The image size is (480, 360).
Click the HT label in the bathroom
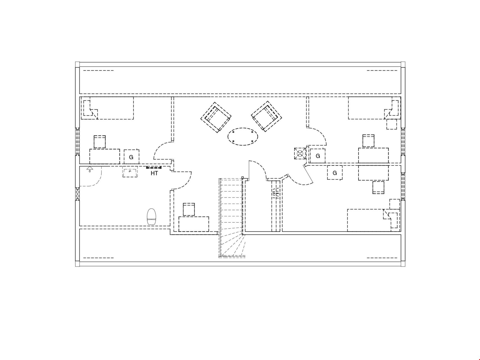click(x=154, y=173)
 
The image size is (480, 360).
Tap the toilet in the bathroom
click(x=151, y=217)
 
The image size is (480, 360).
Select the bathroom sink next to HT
click(x=130, y=172)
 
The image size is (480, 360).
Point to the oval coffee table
click(x=243, y=136)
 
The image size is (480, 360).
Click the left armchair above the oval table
click(x=216, y=118)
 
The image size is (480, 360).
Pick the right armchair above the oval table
click(x=267, y=116)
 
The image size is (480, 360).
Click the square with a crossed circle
click(x=300, y=154)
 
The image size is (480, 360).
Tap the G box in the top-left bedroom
click(x=131, y=157)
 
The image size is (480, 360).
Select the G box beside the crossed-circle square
click(x=318, y=156)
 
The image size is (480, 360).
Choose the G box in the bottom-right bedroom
click(x=335, y=173)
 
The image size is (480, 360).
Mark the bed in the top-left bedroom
click(x=107, y=108)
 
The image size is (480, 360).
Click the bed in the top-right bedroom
click(x=374, y=108)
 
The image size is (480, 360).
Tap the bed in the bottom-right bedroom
click(x=373, y=220)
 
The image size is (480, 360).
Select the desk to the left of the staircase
click(x=194, y=224)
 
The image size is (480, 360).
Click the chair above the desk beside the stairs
click(x=189, y=209)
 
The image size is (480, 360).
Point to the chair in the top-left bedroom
click(x=100, y=142)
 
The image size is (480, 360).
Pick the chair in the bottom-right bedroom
click(x=378, y=188)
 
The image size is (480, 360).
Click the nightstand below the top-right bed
click(x=392, y=124)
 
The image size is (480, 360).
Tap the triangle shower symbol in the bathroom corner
click(x=90, y=169)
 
